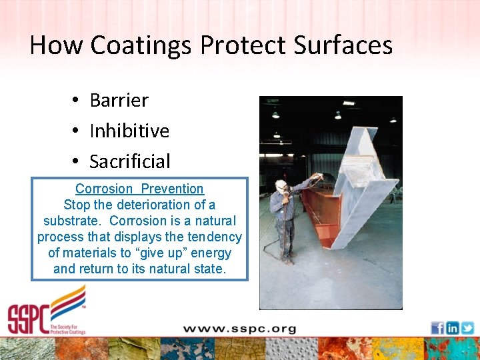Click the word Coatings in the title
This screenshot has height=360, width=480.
tap(141, 45)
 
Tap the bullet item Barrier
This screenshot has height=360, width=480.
tap(119, 100)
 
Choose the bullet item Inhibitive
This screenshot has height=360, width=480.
tap(129, 131)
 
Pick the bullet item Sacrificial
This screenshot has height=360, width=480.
tap(130, 161)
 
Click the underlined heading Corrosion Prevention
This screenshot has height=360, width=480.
tap(139, 189)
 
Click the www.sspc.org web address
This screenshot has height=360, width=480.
tap(239, 328)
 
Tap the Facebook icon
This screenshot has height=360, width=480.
tap(437, 328)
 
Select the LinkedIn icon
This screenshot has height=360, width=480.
tap(453, 328)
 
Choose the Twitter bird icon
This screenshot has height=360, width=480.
tap(467, 328)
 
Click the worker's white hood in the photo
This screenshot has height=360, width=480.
tap(281, 185)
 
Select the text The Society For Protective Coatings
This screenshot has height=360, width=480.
tap(67, 327)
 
